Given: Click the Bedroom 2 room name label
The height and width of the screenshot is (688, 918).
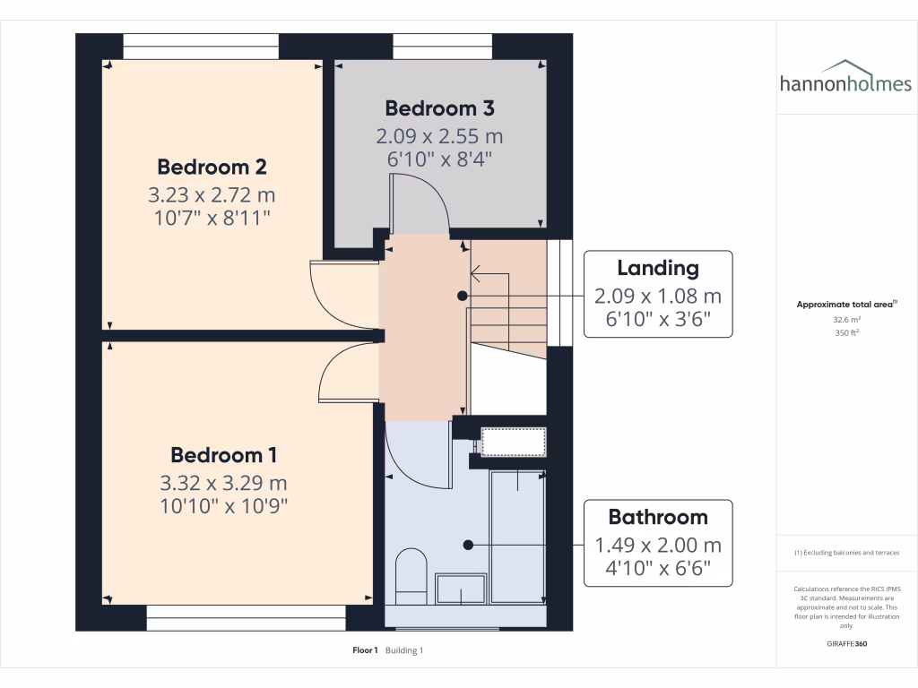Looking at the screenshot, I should (x=212, y=167).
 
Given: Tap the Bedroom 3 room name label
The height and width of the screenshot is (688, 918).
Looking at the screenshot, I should (x=439, y=108).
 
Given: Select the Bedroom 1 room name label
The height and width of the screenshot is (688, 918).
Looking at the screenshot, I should (x=223, y=454).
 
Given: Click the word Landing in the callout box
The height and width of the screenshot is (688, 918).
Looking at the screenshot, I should (x=657, y=268).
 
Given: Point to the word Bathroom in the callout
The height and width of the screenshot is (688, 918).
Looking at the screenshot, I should (x=657, y=517).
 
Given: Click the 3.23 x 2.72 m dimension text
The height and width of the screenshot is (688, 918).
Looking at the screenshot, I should (x=212, y=194).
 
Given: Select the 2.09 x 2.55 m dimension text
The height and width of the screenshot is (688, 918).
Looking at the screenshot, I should (x=439, y=137).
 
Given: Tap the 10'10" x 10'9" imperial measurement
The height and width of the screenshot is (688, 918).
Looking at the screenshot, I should (x=223, y=506).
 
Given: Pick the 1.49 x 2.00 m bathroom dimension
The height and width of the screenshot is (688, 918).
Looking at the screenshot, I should (x=657, y=545).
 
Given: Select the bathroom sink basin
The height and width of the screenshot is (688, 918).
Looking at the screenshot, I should (x=461, y=589).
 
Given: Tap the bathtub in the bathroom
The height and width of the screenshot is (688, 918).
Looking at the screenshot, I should (x=517, y=535).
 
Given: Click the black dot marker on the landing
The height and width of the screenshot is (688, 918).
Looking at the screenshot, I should (x=462, y=296).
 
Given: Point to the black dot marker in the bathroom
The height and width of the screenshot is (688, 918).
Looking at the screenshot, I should (x=467, y=544).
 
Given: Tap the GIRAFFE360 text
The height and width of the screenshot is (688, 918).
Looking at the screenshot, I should (x=847, y=644).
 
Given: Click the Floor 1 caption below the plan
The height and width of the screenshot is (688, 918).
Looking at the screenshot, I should (x=366, y=650).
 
